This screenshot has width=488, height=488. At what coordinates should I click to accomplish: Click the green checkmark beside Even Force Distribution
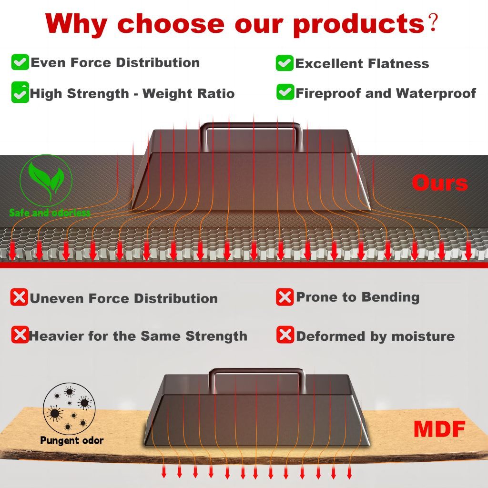coord(20,62)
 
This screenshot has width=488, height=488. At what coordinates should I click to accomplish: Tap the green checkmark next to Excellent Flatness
coord(285,63)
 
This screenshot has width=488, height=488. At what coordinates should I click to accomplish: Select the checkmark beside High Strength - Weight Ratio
coord(20,92)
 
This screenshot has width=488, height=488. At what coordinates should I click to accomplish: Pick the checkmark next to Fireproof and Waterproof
coord(285,92)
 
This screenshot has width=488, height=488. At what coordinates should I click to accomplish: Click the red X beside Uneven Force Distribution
coord(19,297)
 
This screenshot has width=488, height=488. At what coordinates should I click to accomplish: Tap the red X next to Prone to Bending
coord(285,297)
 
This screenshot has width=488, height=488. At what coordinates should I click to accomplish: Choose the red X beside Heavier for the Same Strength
coord(20,335)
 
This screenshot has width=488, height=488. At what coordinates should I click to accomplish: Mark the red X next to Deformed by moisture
coord(285,335)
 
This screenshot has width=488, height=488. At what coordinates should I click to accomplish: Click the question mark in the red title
coord(433,22)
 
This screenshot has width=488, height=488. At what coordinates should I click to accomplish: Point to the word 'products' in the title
coord(358,24)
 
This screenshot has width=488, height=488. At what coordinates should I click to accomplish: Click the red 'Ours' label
coord(440,183)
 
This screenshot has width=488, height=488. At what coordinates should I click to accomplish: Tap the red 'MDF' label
coord(439,429)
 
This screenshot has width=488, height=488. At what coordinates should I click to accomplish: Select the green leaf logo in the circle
coord(46,181)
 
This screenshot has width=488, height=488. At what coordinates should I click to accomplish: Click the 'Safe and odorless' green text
coord(50,213)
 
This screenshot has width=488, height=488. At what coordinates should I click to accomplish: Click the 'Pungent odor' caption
coord(72,441)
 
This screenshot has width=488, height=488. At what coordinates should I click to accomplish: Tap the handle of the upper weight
coord(251,124)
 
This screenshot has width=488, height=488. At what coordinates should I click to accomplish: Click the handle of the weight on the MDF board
coord(256,370)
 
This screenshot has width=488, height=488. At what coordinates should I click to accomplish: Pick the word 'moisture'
coord(423,336)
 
